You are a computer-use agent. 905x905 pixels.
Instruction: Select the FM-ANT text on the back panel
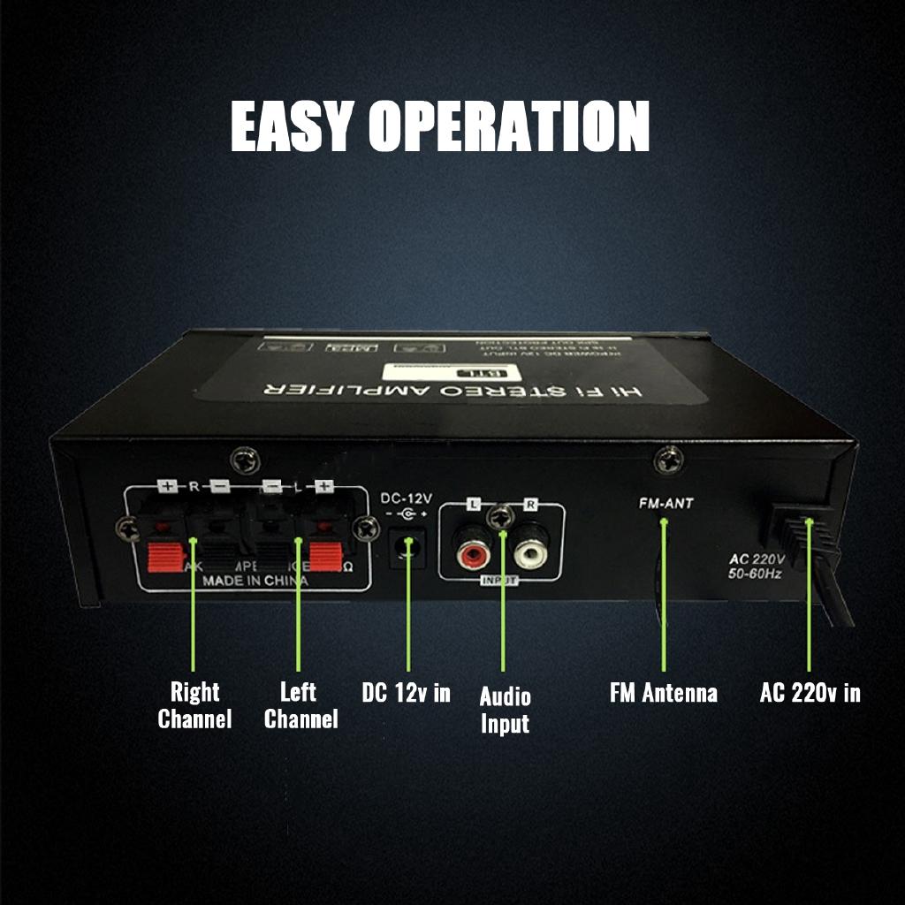(665, 503)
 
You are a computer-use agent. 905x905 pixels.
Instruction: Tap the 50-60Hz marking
(756, 574)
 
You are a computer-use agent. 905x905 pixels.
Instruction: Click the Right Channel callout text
(194, 704)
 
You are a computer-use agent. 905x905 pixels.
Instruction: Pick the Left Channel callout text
(300, 704)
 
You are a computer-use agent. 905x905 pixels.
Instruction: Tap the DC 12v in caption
(406, 692)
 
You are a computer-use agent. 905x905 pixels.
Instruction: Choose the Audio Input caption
(505, 710)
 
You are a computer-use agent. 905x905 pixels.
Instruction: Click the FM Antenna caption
(663, 692)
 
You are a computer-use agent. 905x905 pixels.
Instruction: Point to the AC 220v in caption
(810, 692)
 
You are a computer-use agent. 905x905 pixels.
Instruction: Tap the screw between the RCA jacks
(502, 517)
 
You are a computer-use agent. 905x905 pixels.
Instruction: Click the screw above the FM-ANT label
(669, 460)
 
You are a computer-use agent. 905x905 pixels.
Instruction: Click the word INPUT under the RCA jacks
(499, 580)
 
